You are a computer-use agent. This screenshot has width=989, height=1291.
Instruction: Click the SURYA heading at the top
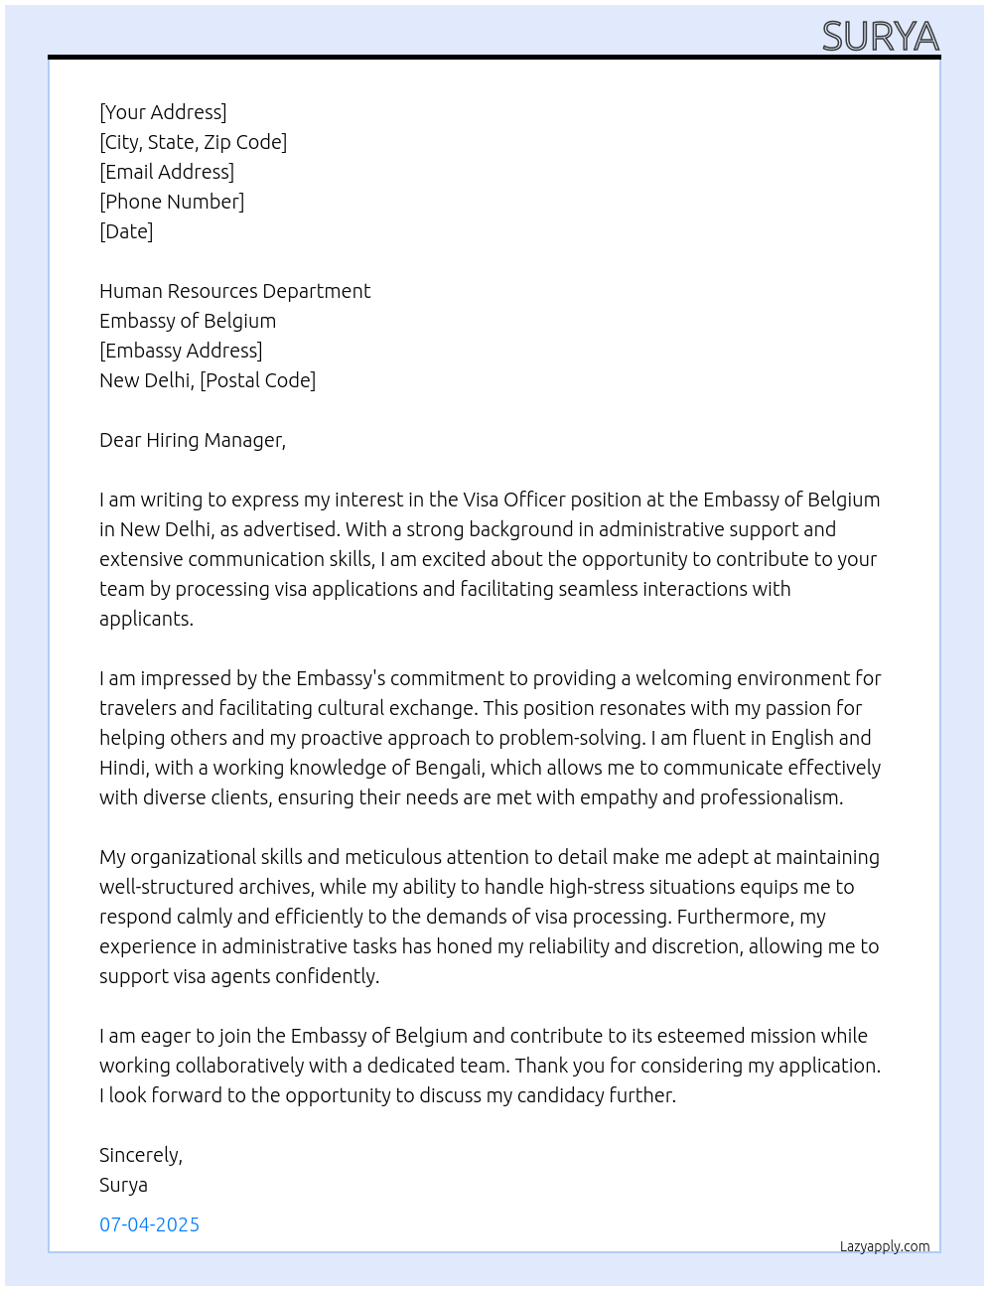[x=880, y=37]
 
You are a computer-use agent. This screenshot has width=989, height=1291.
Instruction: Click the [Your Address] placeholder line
[x=163, y=112]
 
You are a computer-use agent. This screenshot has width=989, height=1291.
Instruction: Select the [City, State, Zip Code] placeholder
[x=193, y=142]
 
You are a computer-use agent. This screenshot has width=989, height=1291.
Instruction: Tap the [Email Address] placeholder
[x=167, y=172]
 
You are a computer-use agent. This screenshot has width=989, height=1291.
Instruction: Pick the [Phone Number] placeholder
[x=172, y=202]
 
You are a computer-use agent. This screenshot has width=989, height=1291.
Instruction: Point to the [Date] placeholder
[x=126, y=231]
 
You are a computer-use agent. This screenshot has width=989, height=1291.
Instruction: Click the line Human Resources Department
[x=234, y=291]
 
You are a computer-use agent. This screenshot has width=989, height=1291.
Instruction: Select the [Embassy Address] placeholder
[x=181, y=351]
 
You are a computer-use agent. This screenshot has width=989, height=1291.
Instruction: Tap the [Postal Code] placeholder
[x=257, y=380]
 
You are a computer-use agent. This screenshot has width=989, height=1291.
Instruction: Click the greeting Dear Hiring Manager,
[x=192, y=440]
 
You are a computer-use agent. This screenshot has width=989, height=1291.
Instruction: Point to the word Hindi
[x=121, y=768]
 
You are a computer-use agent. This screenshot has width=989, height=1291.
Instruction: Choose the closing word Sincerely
[x=140, y=1155]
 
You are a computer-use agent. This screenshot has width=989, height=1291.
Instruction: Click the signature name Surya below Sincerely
[x=123, y=1185]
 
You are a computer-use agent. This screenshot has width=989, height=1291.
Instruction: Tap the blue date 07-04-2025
[x=149, y=1224]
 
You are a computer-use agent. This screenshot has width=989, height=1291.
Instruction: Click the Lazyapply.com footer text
[x=885, y=1246]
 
